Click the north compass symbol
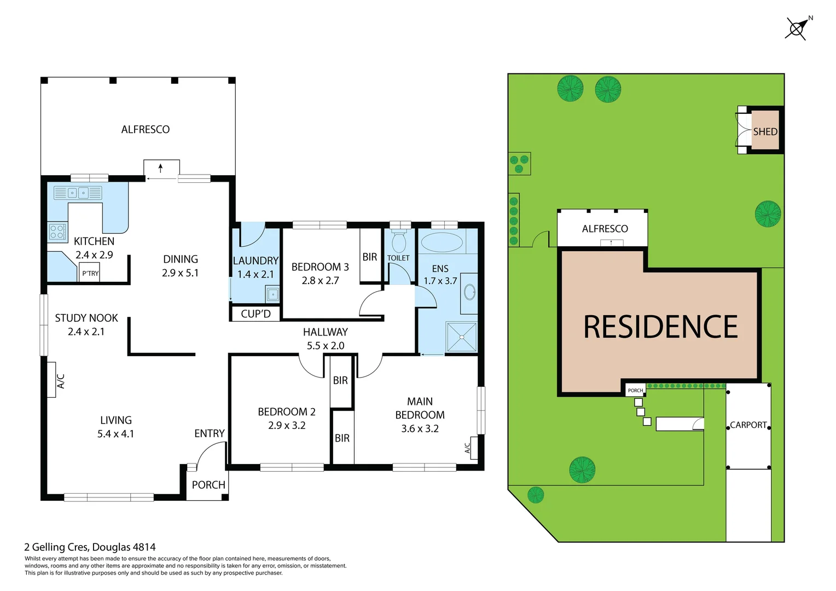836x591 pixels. click(797, 28)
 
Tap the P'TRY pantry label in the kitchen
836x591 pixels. click(90, 273)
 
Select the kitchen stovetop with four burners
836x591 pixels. click(57, 232)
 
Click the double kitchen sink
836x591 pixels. click(78, 193)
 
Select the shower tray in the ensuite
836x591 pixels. click(462, 337)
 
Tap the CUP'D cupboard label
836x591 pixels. click(256, 314)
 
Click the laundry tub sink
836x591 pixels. click(272, 295)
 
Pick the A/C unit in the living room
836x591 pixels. click(51, 380)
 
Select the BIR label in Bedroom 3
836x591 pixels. click(370, 257)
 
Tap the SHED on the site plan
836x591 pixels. click(765, 131)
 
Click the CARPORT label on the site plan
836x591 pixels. click(748, 425)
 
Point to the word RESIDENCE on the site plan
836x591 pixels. click(660, 327)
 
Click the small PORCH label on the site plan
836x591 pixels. click(635, 390)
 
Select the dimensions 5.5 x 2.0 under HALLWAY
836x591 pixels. click(326, 345)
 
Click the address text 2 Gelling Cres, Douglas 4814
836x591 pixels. click(90, 547)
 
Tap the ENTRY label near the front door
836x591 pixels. click(210, 433)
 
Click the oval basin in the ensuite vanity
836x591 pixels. click(469, 292)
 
